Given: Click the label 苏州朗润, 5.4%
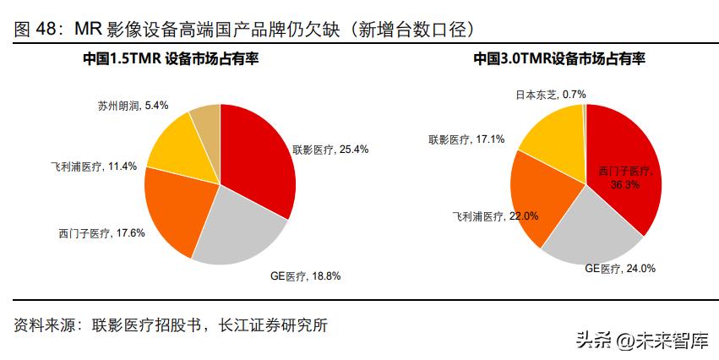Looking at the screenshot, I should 133,106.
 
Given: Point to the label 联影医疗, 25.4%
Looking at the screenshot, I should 330,149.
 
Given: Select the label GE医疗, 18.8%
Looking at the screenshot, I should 306,275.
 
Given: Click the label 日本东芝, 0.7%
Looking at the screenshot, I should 551,94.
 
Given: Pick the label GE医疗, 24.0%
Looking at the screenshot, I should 620,268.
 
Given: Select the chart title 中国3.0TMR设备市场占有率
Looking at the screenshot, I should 558,59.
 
